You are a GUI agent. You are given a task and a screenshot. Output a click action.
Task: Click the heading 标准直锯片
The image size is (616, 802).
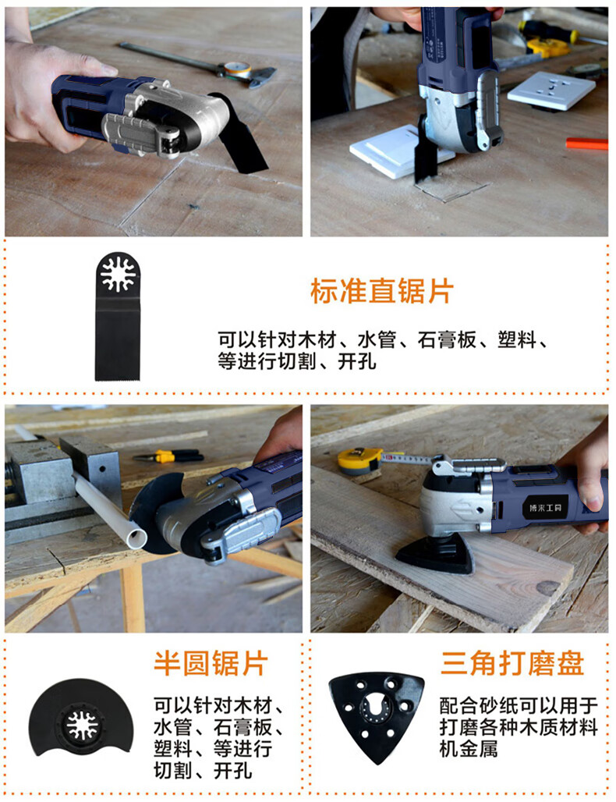pos(382,292)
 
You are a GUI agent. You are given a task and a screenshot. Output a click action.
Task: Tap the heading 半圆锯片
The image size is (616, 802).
pos(211,663)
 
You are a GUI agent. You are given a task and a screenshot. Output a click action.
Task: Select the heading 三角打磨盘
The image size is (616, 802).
pos(512,663)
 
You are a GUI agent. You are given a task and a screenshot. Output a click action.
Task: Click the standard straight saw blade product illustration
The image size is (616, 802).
pos(118,316)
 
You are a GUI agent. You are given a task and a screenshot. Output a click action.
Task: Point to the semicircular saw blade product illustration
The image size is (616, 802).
pos(81,715)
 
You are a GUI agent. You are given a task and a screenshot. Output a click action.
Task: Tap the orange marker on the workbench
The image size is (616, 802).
pos(587,144)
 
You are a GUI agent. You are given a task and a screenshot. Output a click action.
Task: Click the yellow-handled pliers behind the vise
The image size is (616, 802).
pos(168,455)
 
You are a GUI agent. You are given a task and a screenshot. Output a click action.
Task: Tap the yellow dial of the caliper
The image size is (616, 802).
pos(239,69)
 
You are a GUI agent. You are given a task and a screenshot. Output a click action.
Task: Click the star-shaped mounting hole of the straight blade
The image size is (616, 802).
pos(118,274)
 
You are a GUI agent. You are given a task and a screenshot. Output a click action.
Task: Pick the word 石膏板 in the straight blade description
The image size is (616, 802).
pos(446,340)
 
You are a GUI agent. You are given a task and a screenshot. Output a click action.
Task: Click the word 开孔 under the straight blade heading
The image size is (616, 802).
pos(357,362)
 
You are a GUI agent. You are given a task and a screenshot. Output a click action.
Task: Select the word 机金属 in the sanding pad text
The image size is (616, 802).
pos(469,748)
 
